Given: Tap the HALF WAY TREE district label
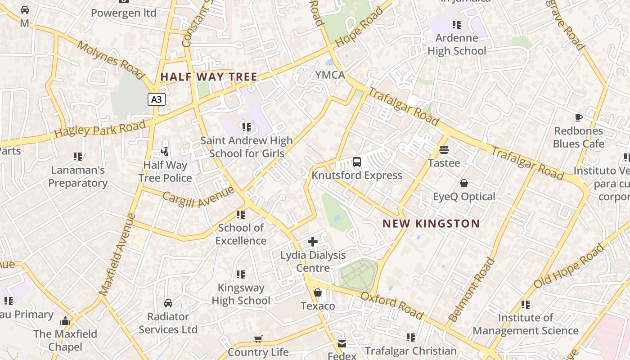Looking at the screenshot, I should pyautogui.click(x=209, y=77).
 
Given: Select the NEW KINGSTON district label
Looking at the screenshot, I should pyautogui.click(x=431, y=224).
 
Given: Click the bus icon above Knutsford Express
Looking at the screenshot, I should pyautogui.click(x=357, y=162).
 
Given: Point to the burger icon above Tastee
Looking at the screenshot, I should pyautogui.click(x=444, y=150).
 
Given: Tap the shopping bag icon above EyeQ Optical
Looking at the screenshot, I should pyautogui.click(x=464, y=183).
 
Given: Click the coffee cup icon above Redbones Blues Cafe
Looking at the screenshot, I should pyautogui.click(x=579, y=118).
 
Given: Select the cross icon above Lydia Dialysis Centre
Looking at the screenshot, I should pyautogui.click(x=313, y=242).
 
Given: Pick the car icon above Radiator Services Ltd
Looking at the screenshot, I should pyautogui.click(x=168, y=303).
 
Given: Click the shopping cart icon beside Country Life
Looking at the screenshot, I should pyautogui.click(x=258, y=339).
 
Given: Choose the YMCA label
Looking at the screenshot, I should pyautogui.click(x=330, y=75).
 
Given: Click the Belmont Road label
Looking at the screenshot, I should pyautogui.click(x=472, y=289).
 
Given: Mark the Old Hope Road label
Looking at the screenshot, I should pyautogui.click(x=568, y=266).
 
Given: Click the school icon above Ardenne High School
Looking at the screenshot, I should pyautogui.click(x=457, y=25).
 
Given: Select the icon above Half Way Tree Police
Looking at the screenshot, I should pyautogui.click(x=165, y=152).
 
